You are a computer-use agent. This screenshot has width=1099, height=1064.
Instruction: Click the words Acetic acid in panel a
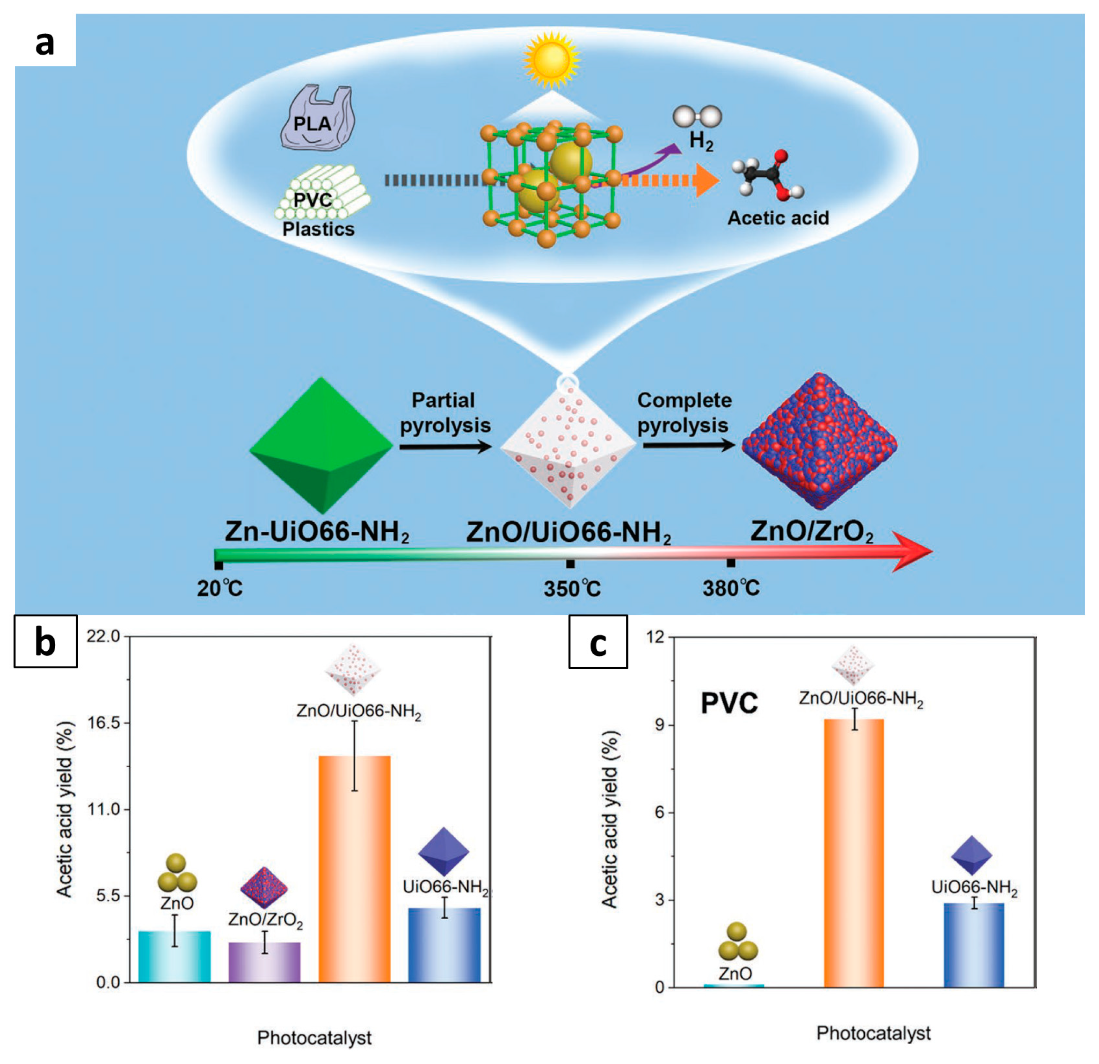point(778,218)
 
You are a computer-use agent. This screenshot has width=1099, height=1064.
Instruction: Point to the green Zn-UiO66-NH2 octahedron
point(321,446)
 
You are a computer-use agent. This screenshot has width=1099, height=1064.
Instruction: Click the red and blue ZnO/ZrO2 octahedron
point(819,443)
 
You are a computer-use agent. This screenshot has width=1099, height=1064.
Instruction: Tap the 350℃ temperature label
point(572,589)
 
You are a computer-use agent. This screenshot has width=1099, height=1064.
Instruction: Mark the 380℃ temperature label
point(731,588)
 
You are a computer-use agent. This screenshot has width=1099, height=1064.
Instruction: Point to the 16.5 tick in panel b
point(107,723)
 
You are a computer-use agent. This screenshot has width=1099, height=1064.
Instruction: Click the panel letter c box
point(598,642)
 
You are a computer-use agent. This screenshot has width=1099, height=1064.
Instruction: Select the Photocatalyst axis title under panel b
point(314,1038)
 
